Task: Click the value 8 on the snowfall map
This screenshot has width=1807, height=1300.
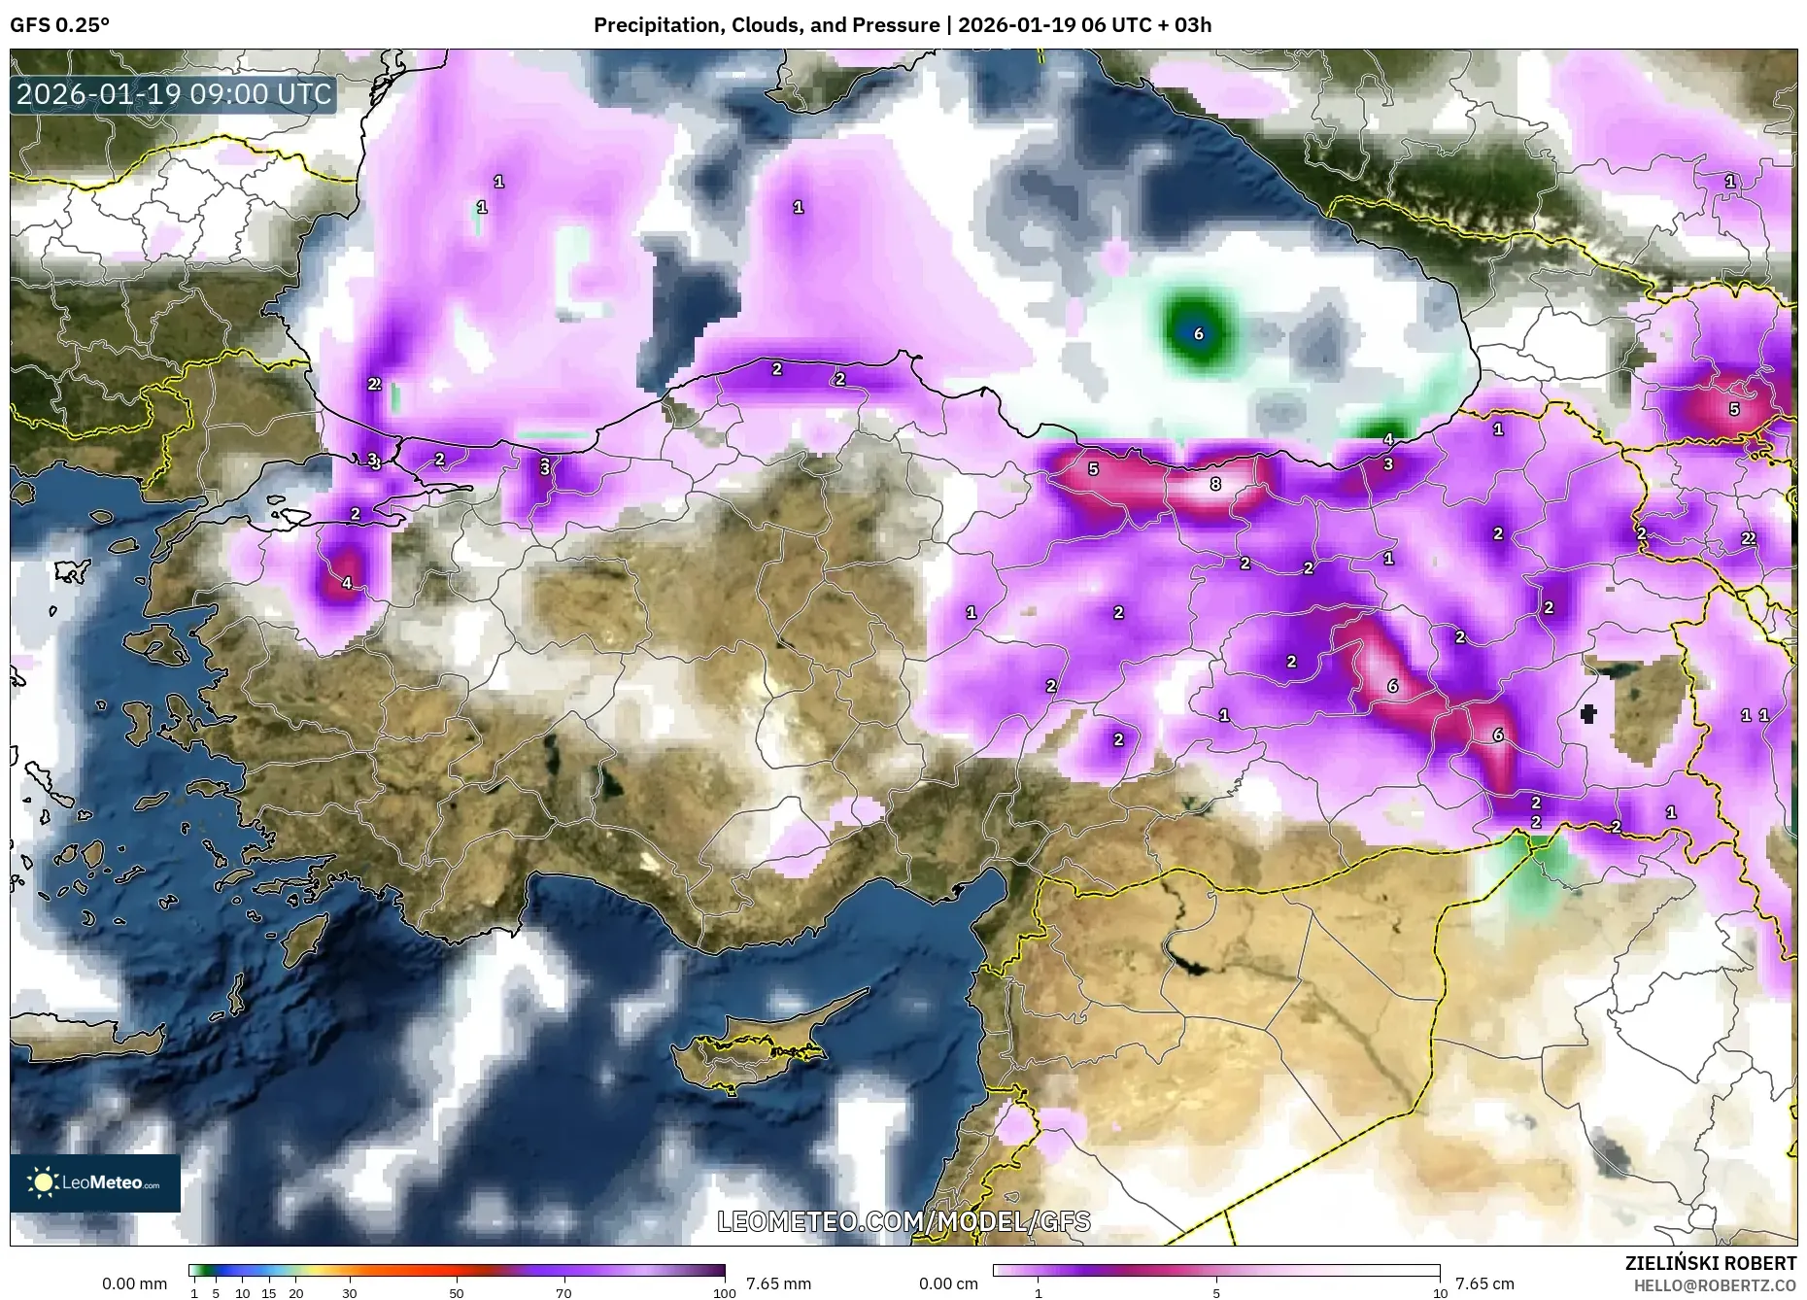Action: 1214,484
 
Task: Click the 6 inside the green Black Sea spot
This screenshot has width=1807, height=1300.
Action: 1198,334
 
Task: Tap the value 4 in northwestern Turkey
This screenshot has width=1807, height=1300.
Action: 347,584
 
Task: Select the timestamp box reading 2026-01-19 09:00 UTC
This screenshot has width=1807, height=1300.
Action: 174,94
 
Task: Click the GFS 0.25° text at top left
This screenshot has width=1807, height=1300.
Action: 60,25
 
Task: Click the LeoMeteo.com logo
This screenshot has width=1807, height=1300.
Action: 95,1182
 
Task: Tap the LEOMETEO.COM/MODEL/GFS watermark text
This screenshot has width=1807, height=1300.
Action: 903,1221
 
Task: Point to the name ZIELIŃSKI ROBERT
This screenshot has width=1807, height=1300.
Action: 1710,1263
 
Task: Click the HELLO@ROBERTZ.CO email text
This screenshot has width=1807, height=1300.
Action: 1714,1285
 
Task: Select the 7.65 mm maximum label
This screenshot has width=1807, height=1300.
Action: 778,1283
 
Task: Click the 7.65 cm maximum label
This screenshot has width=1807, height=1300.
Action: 1484,1283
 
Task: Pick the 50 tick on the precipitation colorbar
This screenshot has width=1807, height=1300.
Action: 457,1293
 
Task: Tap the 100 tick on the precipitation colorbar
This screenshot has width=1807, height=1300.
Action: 724,1293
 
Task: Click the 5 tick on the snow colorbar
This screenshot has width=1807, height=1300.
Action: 1216,1293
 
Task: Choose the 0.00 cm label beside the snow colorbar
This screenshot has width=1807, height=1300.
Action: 949,1283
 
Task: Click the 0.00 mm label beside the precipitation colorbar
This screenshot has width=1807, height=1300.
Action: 134,1283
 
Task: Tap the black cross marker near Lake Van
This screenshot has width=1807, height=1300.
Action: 1588,715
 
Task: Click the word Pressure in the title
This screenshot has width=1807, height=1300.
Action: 899,25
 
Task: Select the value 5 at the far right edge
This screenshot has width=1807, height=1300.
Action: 1734,410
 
